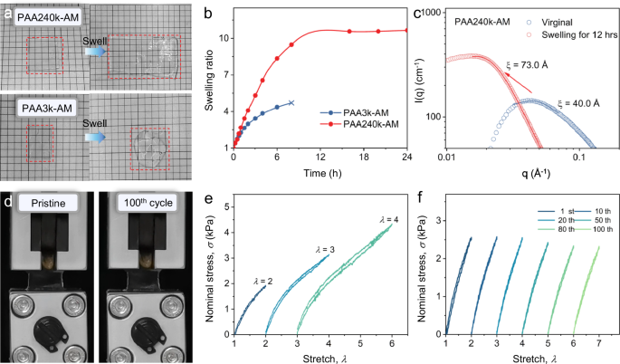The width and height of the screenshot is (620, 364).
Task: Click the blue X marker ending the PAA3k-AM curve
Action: [291, 103]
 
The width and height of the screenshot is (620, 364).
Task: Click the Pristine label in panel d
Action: [43, 200]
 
